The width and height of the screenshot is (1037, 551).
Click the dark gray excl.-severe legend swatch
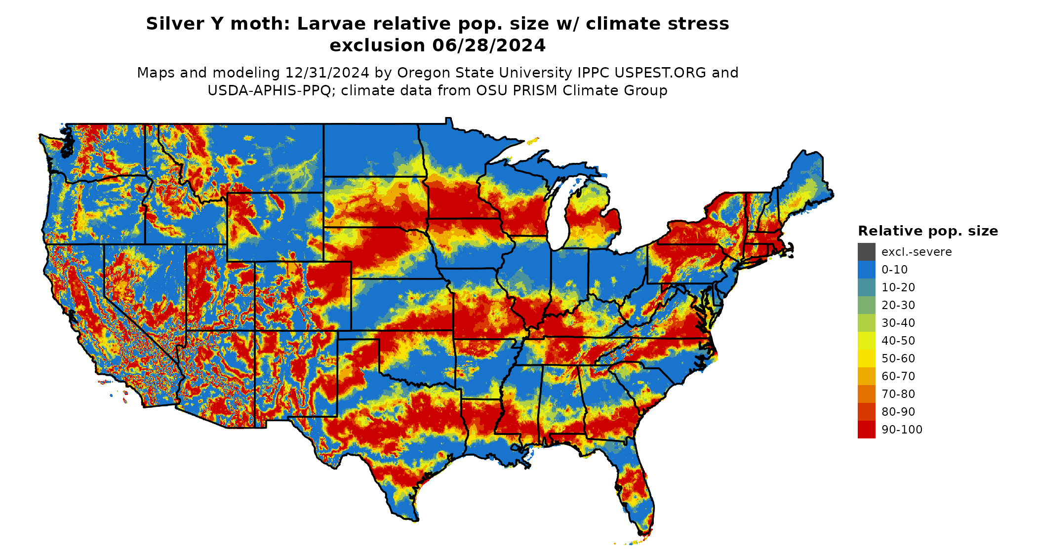[866, 252]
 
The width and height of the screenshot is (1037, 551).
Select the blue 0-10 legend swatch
[866, 270]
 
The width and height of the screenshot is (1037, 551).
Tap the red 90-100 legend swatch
[866, 430]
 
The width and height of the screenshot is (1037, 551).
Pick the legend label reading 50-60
[898, 358]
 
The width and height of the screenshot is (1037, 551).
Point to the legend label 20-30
[898, 305]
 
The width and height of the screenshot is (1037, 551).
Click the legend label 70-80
[898, 394]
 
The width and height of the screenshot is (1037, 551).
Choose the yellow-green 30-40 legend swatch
[866, 323]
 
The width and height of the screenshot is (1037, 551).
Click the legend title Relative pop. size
[928, 231]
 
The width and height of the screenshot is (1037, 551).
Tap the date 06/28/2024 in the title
[489, 45]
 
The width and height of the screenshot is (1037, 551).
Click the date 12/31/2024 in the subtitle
[327, 73]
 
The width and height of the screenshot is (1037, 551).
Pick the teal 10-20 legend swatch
[866, 287]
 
